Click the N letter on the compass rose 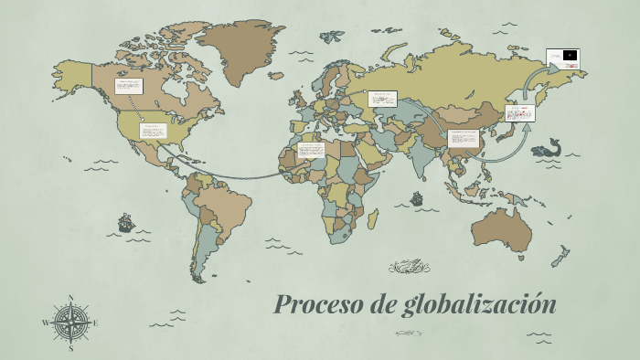(x=70, y=298)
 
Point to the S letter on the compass (x=70, y=348)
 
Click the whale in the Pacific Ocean (x=548, y=147)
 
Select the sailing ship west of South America (x=125, y=222)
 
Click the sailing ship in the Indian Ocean (x=417, y=197)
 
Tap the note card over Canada (x=128, y=87)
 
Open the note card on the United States (x=152, y=131)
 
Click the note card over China (x=464, y=139)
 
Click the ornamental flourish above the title (x=409, y=267)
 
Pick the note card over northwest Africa (x=311, y=149)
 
